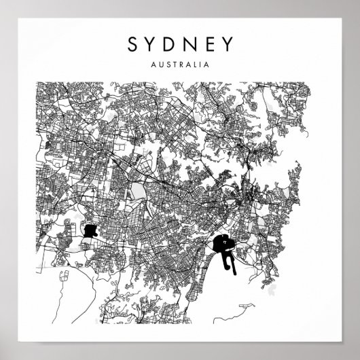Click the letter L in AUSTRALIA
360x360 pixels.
pos(193,67)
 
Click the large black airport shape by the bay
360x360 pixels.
pos(220,242)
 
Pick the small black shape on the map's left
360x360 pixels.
pos(91,230)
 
